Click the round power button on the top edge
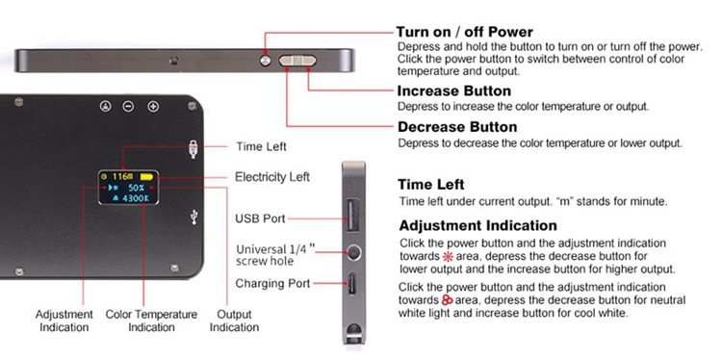click(266, 61)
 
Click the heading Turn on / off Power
click(465, 32)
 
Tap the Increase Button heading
click(454, 90)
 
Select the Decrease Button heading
click(457, 127)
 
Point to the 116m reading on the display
click(123, 176)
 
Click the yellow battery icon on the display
click(147, 176)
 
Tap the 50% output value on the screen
click(137, 188)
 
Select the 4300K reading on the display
click(136, 198)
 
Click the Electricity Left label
click(272, 177)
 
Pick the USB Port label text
click(260, 219)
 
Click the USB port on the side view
click(352, 214)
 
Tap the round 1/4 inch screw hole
click(353, 253)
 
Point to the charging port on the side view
click(352, 284)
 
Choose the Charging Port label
click(272, 284)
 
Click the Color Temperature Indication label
click(151, 321)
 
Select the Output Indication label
click(234, 321)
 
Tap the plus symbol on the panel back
click(153, 106)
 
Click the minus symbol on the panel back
click(128, 106)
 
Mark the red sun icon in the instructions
click(447, 256)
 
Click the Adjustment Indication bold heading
click(477, 225)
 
